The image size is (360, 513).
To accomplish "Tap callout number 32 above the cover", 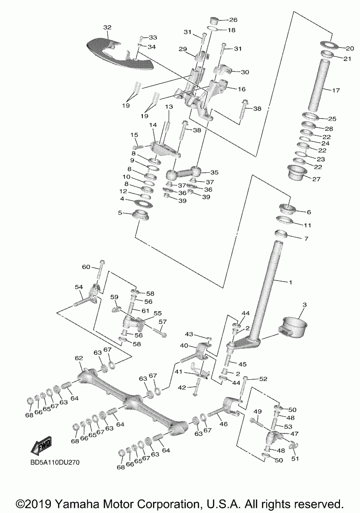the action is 107,28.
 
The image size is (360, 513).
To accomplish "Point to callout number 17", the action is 336,90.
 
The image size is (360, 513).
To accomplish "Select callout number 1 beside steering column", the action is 290,282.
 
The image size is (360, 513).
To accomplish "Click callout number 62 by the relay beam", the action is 79,358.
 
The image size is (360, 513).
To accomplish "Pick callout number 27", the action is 316,179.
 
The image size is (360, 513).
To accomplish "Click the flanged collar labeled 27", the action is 297,172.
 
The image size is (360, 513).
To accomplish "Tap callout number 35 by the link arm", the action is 214,172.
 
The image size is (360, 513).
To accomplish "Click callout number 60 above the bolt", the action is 86,267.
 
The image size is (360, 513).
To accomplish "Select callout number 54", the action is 79,287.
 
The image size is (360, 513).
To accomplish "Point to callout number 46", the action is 223,424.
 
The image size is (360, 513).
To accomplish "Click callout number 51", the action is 295,458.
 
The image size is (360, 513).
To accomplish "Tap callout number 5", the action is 120,213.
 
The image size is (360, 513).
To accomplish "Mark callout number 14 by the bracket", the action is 153,125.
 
